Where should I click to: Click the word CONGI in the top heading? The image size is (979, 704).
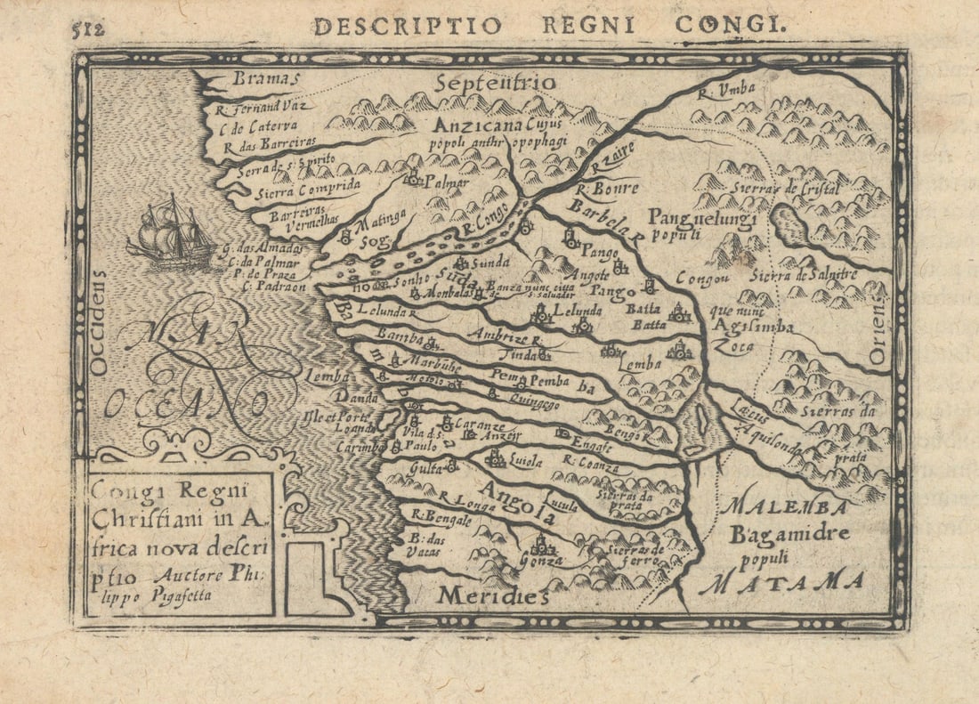730,24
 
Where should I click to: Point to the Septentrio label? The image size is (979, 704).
496,84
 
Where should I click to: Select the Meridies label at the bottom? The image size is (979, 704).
493,595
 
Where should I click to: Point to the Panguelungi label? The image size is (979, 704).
702,217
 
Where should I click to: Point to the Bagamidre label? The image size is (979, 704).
789,534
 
